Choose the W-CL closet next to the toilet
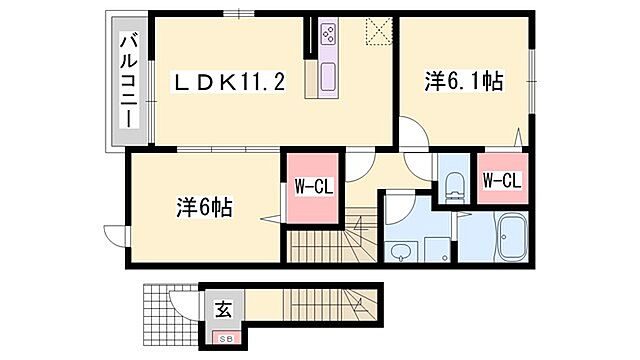tap(500, 180)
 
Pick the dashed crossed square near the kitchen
tap(378, 32)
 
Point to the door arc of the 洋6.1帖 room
tap(412, 132)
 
